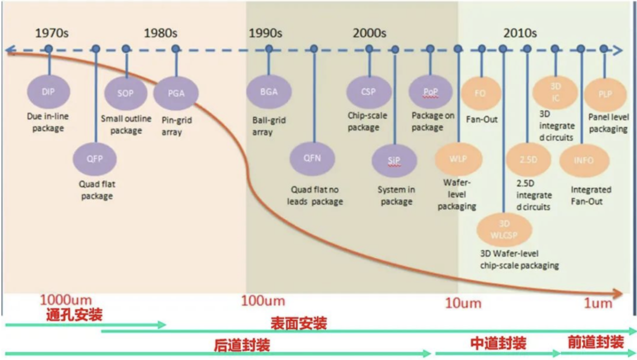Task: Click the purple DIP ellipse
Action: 48,92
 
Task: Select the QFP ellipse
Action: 95,159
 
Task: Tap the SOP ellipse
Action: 125,93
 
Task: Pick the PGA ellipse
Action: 175,93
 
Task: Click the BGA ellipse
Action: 269,92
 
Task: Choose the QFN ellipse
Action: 312,158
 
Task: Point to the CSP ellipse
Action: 369,92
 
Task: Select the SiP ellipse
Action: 394,161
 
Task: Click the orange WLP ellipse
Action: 458,158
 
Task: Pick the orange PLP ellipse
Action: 605,94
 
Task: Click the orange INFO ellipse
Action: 583,160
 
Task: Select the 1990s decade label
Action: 265,33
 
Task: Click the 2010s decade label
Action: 520,33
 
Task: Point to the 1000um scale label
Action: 66,300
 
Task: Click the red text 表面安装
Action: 298,323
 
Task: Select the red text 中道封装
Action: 498,343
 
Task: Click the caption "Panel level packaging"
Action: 608,123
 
